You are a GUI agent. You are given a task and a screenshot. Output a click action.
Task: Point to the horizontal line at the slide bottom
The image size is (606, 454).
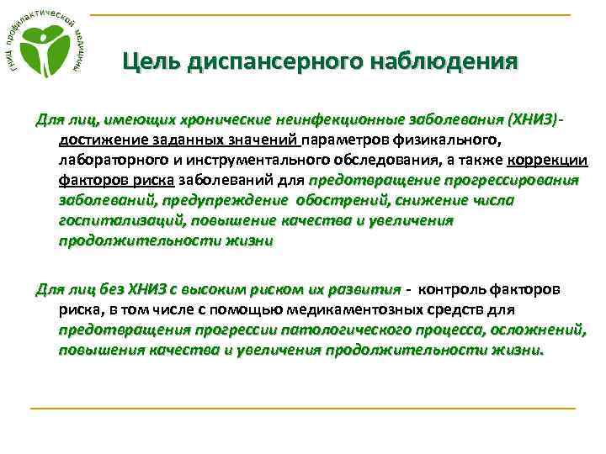(x=302, y=409)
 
